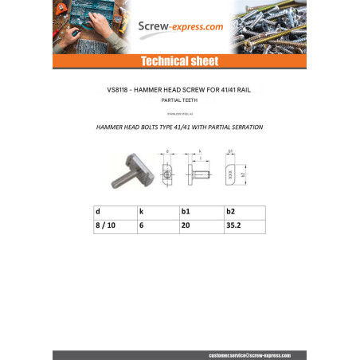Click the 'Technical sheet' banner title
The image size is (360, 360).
click(x=179, y=61)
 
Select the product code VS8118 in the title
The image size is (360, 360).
click(x=120, y=91)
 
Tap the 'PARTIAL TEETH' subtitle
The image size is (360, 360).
click(x=179, y=100)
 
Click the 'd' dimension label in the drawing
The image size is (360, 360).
click(x=169, y=151)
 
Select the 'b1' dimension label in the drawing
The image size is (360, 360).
click(x=231, y=151)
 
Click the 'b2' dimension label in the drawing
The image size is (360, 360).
click(x=243, y=173)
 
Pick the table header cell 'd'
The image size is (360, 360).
click(x=98, y=213)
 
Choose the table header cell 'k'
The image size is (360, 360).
click(x=141, y=213)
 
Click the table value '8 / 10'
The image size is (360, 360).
click(x=104, y=226)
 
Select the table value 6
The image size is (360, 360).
click(x=141, y=226)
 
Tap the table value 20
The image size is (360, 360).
click(x=186, y=226)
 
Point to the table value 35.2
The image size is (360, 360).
click(x=233, y=226)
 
